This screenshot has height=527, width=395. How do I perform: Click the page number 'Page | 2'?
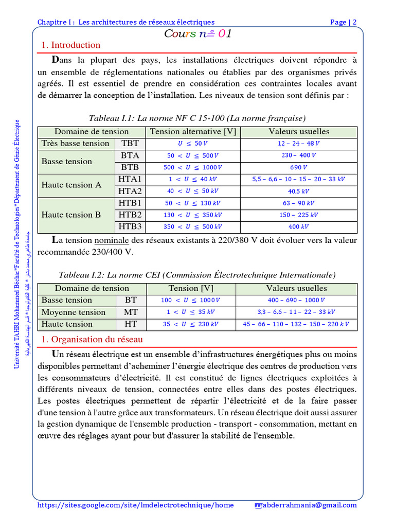pos(343,22)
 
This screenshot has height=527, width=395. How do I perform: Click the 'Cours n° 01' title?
pos(197,34)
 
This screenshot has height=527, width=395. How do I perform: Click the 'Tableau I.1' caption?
pos(197,118)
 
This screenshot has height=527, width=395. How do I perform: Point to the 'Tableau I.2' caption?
pos(197,275)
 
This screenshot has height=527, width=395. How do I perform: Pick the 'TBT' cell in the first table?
pos(130,143)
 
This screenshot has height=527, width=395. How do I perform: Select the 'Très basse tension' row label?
pos(76,143)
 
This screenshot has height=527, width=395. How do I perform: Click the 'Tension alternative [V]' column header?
pos(193,131)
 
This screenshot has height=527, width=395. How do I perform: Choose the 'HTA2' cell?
pos(130,190)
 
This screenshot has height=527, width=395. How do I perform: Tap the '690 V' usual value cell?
pos(298,167)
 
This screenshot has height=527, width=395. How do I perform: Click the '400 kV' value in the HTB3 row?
pos(298,226)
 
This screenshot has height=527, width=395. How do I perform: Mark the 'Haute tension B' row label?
pos(71,215)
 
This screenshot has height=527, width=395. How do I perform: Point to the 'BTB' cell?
pos(130,167)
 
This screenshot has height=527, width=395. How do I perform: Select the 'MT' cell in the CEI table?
pos(131,312)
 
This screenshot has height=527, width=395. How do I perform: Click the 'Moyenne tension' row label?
pos(74,312)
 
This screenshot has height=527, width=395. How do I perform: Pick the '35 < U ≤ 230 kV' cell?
pos(191,324)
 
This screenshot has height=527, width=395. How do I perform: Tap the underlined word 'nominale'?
pos(111,240)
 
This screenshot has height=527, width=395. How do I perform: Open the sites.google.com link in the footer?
pos(136,505)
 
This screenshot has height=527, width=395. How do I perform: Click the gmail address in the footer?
pos(310,505)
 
